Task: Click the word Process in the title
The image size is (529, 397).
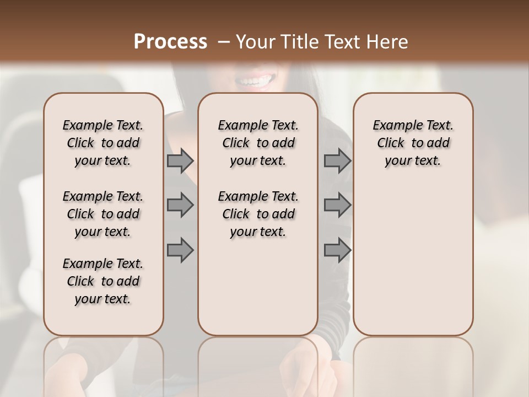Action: pos(170,41)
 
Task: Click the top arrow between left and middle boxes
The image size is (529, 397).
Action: pos(180,161)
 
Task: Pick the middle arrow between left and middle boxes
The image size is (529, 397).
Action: pos(180,205)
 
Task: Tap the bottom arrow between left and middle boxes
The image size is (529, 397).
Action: pos(180,250)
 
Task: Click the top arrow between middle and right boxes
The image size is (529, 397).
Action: pos(337,161)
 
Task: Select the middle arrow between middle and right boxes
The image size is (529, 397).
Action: pos(337,205)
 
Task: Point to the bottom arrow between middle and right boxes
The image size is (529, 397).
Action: pos(337,250)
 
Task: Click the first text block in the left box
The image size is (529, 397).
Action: pos(103,143)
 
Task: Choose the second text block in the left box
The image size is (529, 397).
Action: pos(103,214)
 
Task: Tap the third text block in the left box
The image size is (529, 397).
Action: pos(103,281)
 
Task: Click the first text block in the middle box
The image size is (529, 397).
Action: pos(258,143)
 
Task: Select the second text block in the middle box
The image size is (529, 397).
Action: pos(258,214)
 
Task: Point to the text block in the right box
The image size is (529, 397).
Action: pos(413,143)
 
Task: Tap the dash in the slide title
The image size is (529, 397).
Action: pos(224,41)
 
